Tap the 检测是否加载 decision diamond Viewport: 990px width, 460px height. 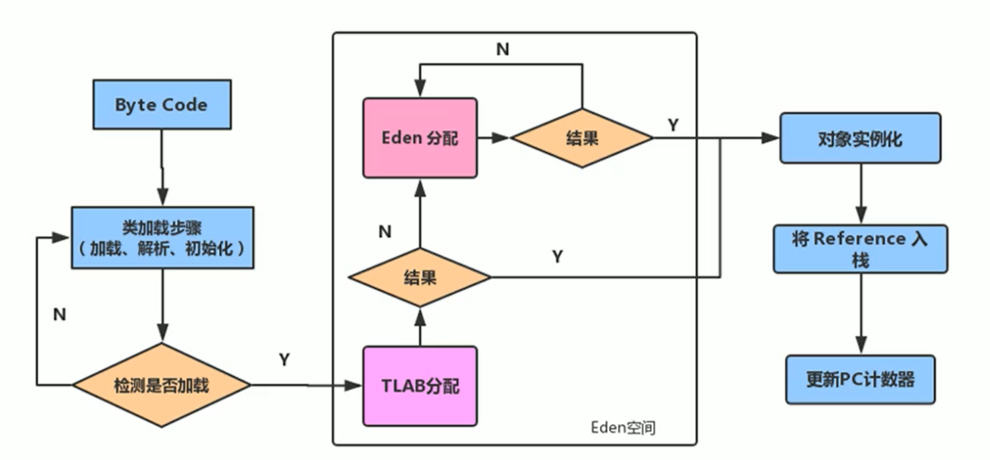(162, 385)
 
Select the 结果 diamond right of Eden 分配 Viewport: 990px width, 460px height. (581, 138)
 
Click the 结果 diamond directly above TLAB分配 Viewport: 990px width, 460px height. (419, 278)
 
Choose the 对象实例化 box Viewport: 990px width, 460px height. (860, 138)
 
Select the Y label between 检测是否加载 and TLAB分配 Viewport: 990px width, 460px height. (284, 360)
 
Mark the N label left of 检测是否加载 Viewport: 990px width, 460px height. (60, 315)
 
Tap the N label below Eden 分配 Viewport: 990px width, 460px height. (384, 230)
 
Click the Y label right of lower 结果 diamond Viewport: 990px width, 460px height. (557, 256)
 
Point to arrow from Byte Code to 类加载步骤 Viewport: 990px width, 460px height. (162, 166)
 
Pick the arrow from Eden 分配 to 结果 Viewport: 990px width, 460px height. (492, 138)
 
